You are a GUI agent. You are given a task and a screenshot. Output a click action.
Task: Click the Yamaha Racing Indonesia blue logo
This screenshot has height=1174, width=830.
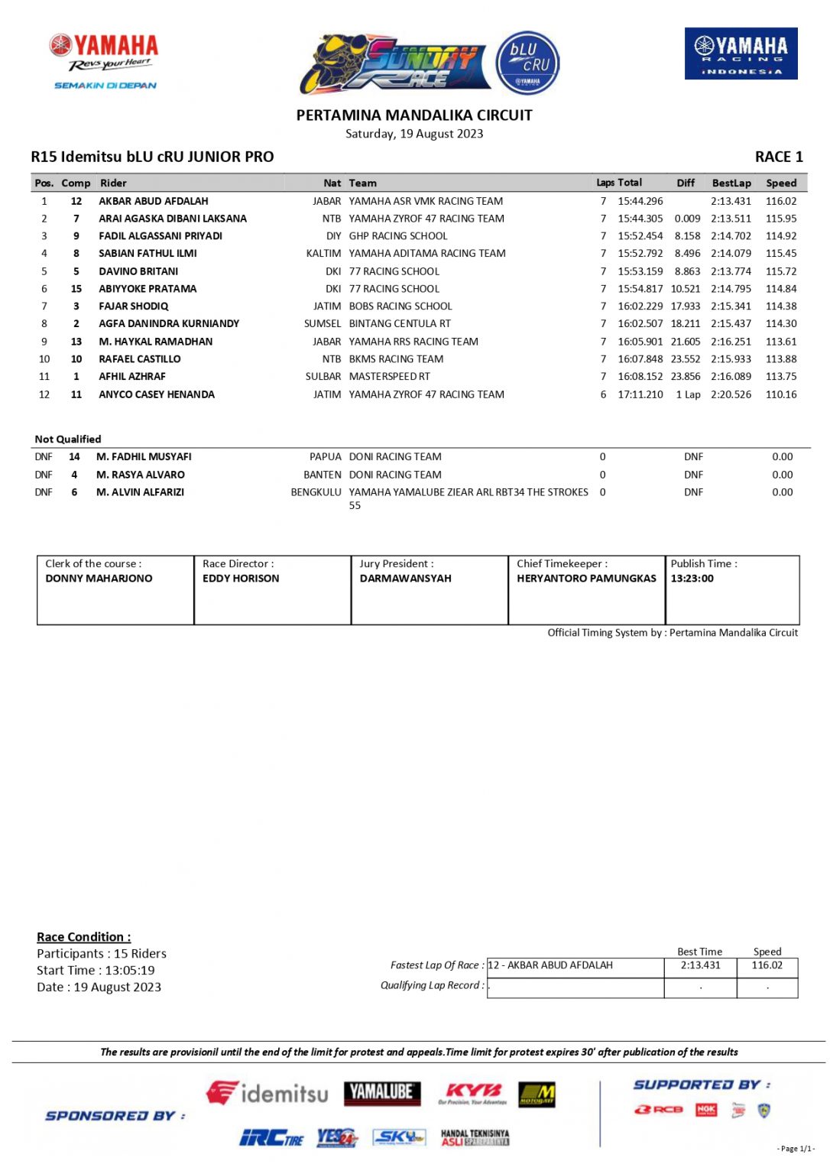[x=741, y=54]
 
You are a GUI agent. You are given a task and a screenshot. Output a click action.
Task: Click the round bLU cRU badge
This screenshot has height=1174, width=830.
[x=527, y=63]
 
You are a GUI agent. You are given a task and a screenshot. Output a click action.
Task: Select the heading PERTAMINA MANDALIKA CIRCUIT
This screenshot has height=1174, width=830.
[x=414, y=115]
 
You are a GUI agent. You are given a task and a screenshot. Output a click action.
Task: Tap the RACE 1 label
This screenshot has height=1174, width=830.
[x=778, y=157]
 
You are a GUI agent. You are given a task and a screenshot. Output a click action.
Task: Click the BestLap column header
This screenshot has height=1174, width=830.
[x=731, y=183]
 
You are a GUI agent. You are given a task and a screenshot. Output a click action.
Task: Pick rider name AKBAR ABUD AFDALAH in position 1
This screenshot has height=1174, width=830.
[x=153, y=201]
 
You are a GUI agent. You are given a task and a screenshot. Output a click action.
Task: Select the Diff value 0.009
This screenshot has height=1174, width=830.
[x=687, y=219]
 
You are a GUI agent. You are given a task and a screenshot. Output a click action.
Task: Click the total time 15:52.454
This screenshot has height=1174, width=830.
[x=640, y=236]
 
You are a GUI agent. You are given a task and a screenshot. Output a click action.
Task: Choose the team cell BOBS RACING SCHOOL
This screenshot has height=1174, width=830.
[x=400, y=306]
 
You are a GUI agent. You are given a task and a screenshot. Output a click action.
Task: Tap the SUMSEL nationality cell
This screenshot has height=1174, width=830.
[x=323, y=324]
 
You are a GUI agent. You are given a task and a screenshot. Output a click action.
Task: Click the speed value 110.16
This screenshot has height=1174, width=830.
[x=781, y=394]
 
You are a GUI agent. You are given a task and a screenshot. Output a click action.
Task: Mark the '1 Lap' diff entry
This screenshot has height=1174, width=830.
[x=688, y=394]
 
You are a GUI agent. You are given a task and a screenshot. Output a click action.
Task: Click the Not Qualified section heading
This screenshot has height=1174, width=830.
[x=68, y=439]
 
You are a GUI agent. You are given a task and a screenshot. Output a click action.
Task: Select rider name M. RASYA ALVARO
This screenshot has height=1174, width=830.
[x=141, y=475]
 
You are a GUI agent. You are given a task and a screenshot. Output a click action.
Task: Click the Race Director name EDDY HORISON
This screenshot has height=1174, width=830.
[x=241, y=579]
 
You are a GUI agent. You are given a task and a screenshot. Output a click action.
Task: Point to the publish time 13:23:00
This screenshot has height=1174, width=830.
[x=692, y=579]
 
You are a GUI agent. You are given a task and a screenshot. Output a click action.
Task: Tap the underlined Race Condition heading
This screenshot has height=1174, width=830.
[x=84, y=937]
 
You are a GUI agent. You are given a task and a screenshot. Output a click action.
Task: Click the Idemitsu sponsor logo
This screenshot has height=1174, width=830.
[x=267, y=1094]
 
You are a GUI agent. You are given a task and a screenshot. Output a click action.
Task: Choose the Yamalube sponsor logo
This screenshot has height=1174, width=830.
[x=382, y=1092]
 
